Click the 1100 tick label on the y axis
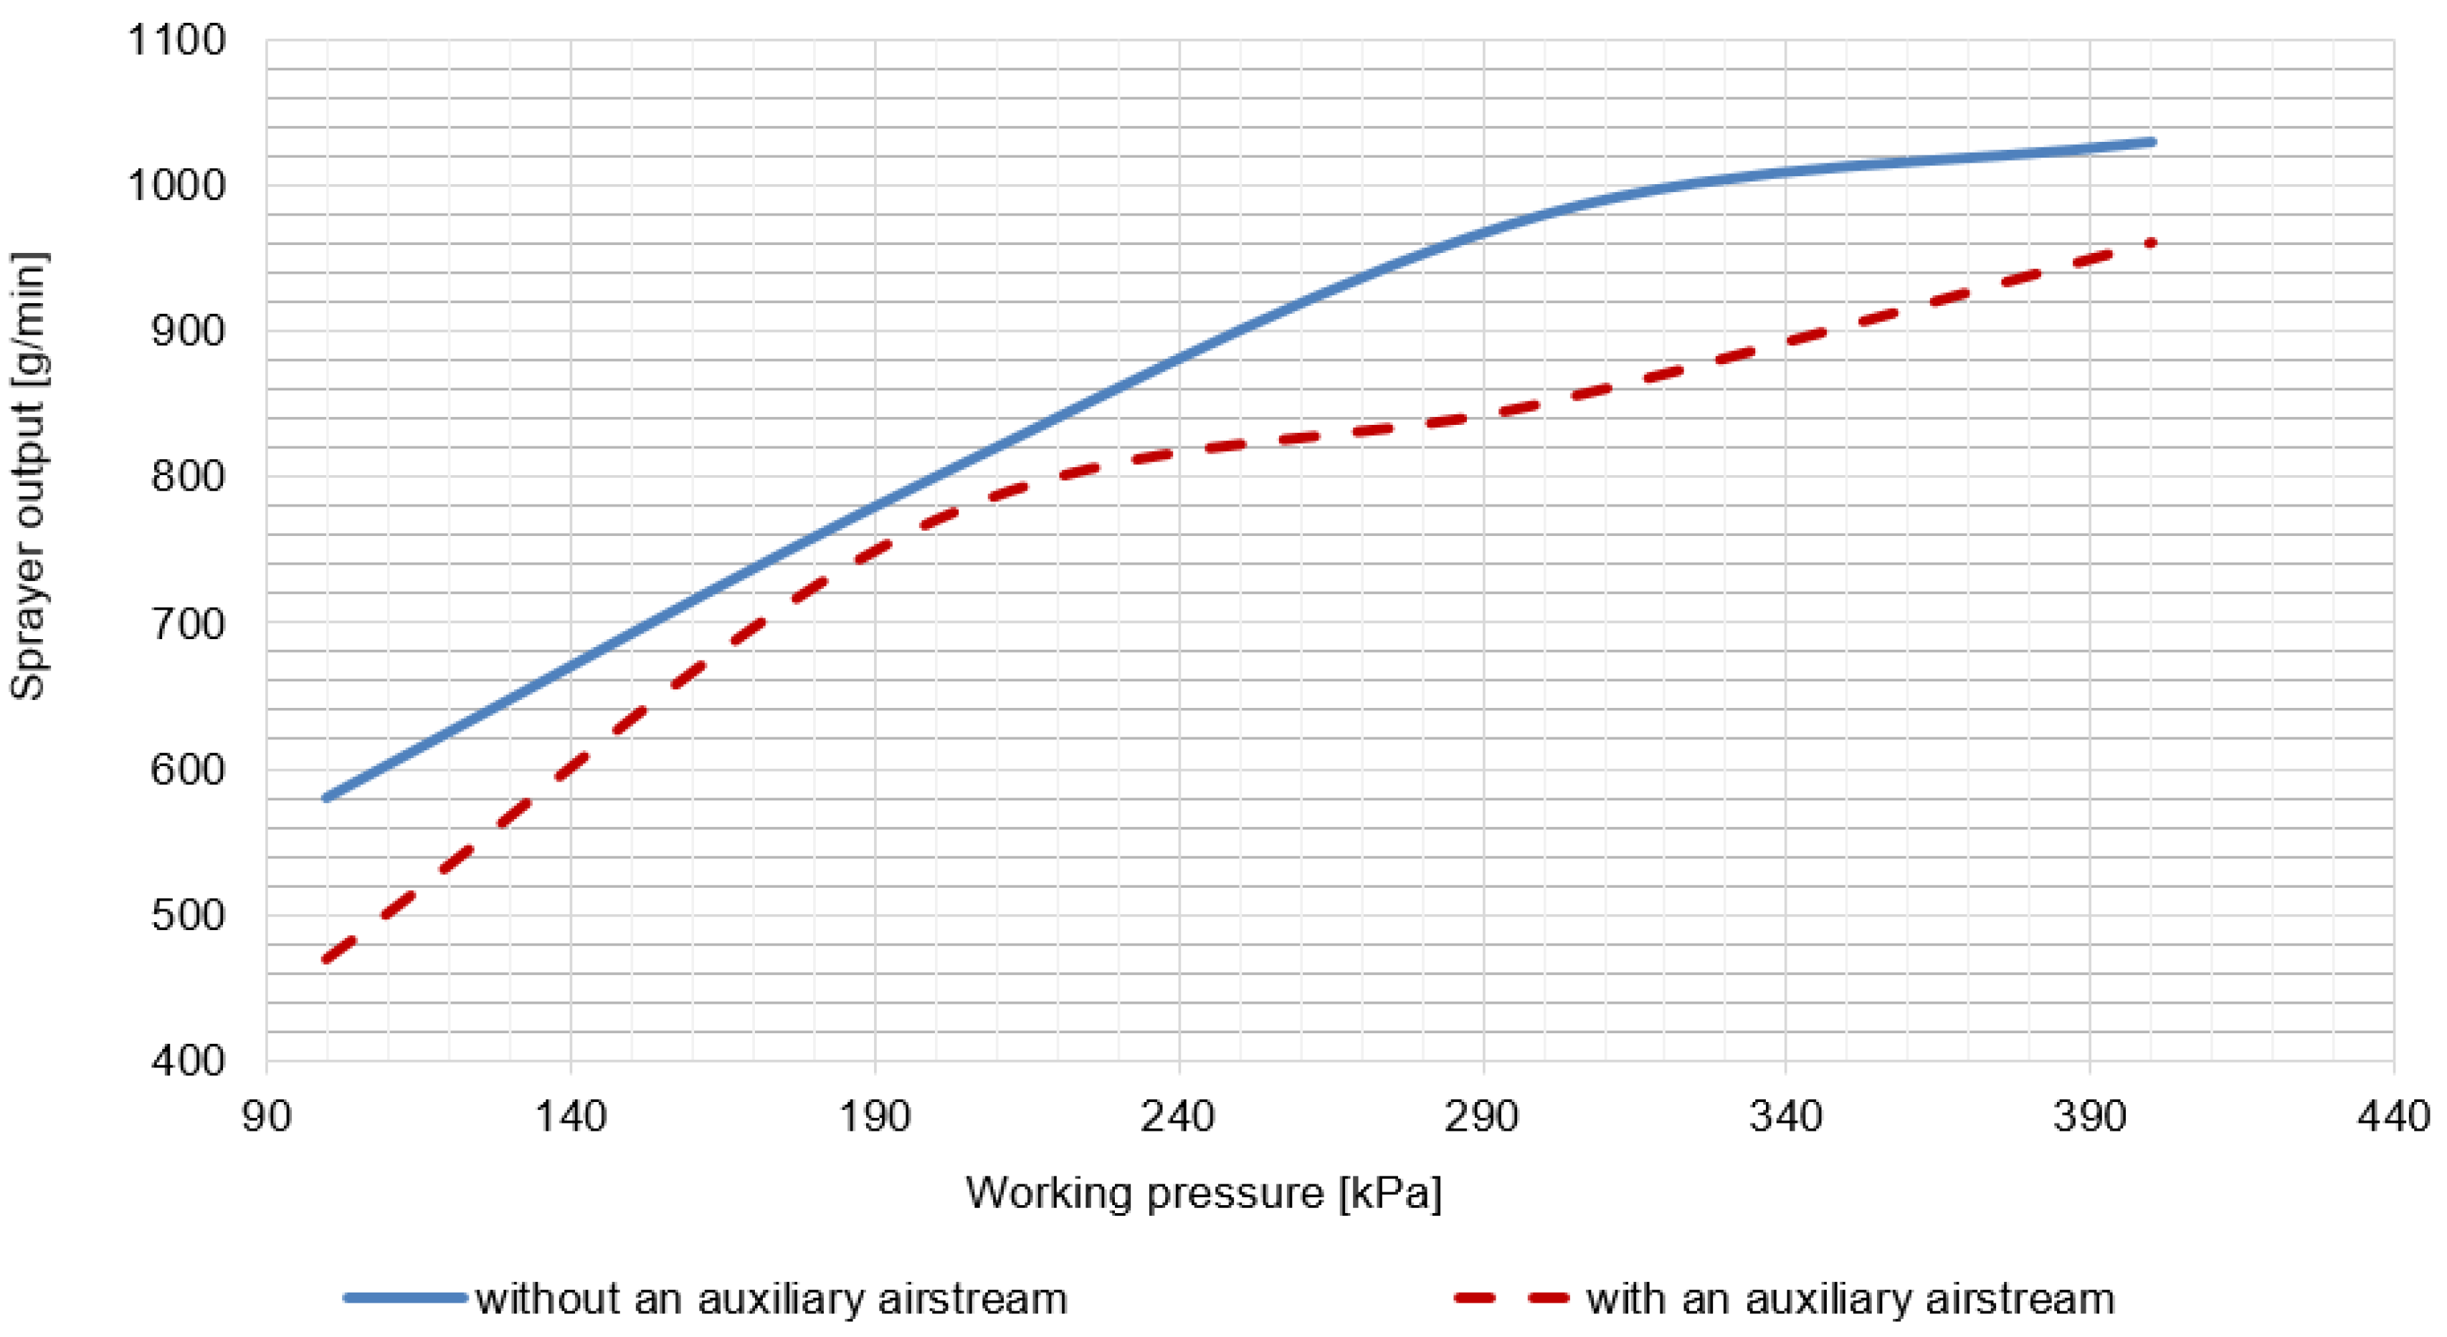[x=176, y=41]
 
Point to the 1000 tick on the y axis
[x=176, y=186]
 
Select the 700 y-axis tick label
[x=188, y=624]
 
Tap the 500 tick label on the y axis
[x=188, y=916]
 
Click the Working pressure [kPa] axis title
[x=1204, y=1193]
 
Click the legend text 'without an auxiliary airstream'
[x=771, y=1298]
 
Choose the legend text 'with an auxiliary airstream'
[x=1850, y=1298]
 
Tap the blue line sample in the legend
[x=406, y=1297]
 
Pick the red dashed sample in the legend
[x=1511, y=1297]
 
